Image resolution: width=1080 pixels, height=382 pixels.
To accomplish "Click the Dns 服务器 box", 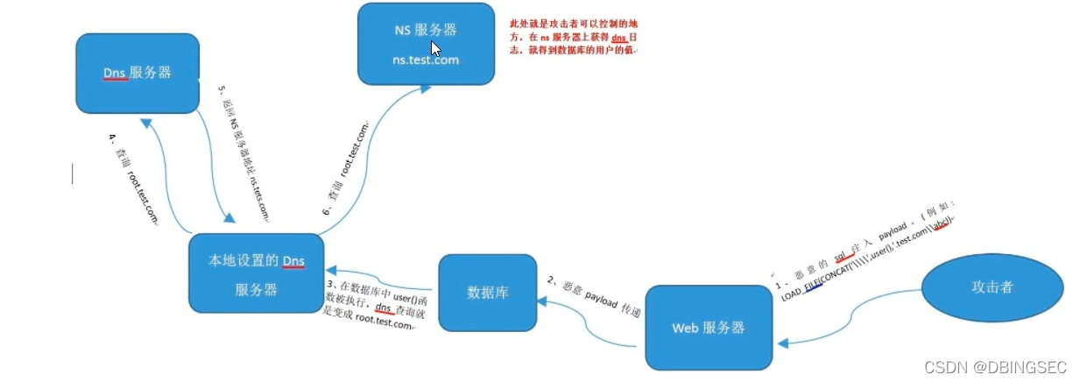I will [137, 73].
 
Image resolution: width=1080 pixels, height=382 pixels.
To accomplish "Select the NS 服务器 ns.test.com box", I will [425, 44].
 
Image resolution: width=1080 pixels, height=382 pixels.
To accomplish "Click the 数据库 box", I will [486, 293].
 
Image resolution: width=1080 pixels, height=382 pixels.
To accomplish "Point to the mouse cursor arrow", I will [435, 49].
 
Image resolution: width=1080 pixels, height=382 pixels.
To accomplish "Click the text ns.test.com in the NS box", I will [425, 60].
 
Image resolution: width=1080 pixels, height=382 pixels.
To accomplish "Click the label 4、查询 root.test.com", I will [133, 179].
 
